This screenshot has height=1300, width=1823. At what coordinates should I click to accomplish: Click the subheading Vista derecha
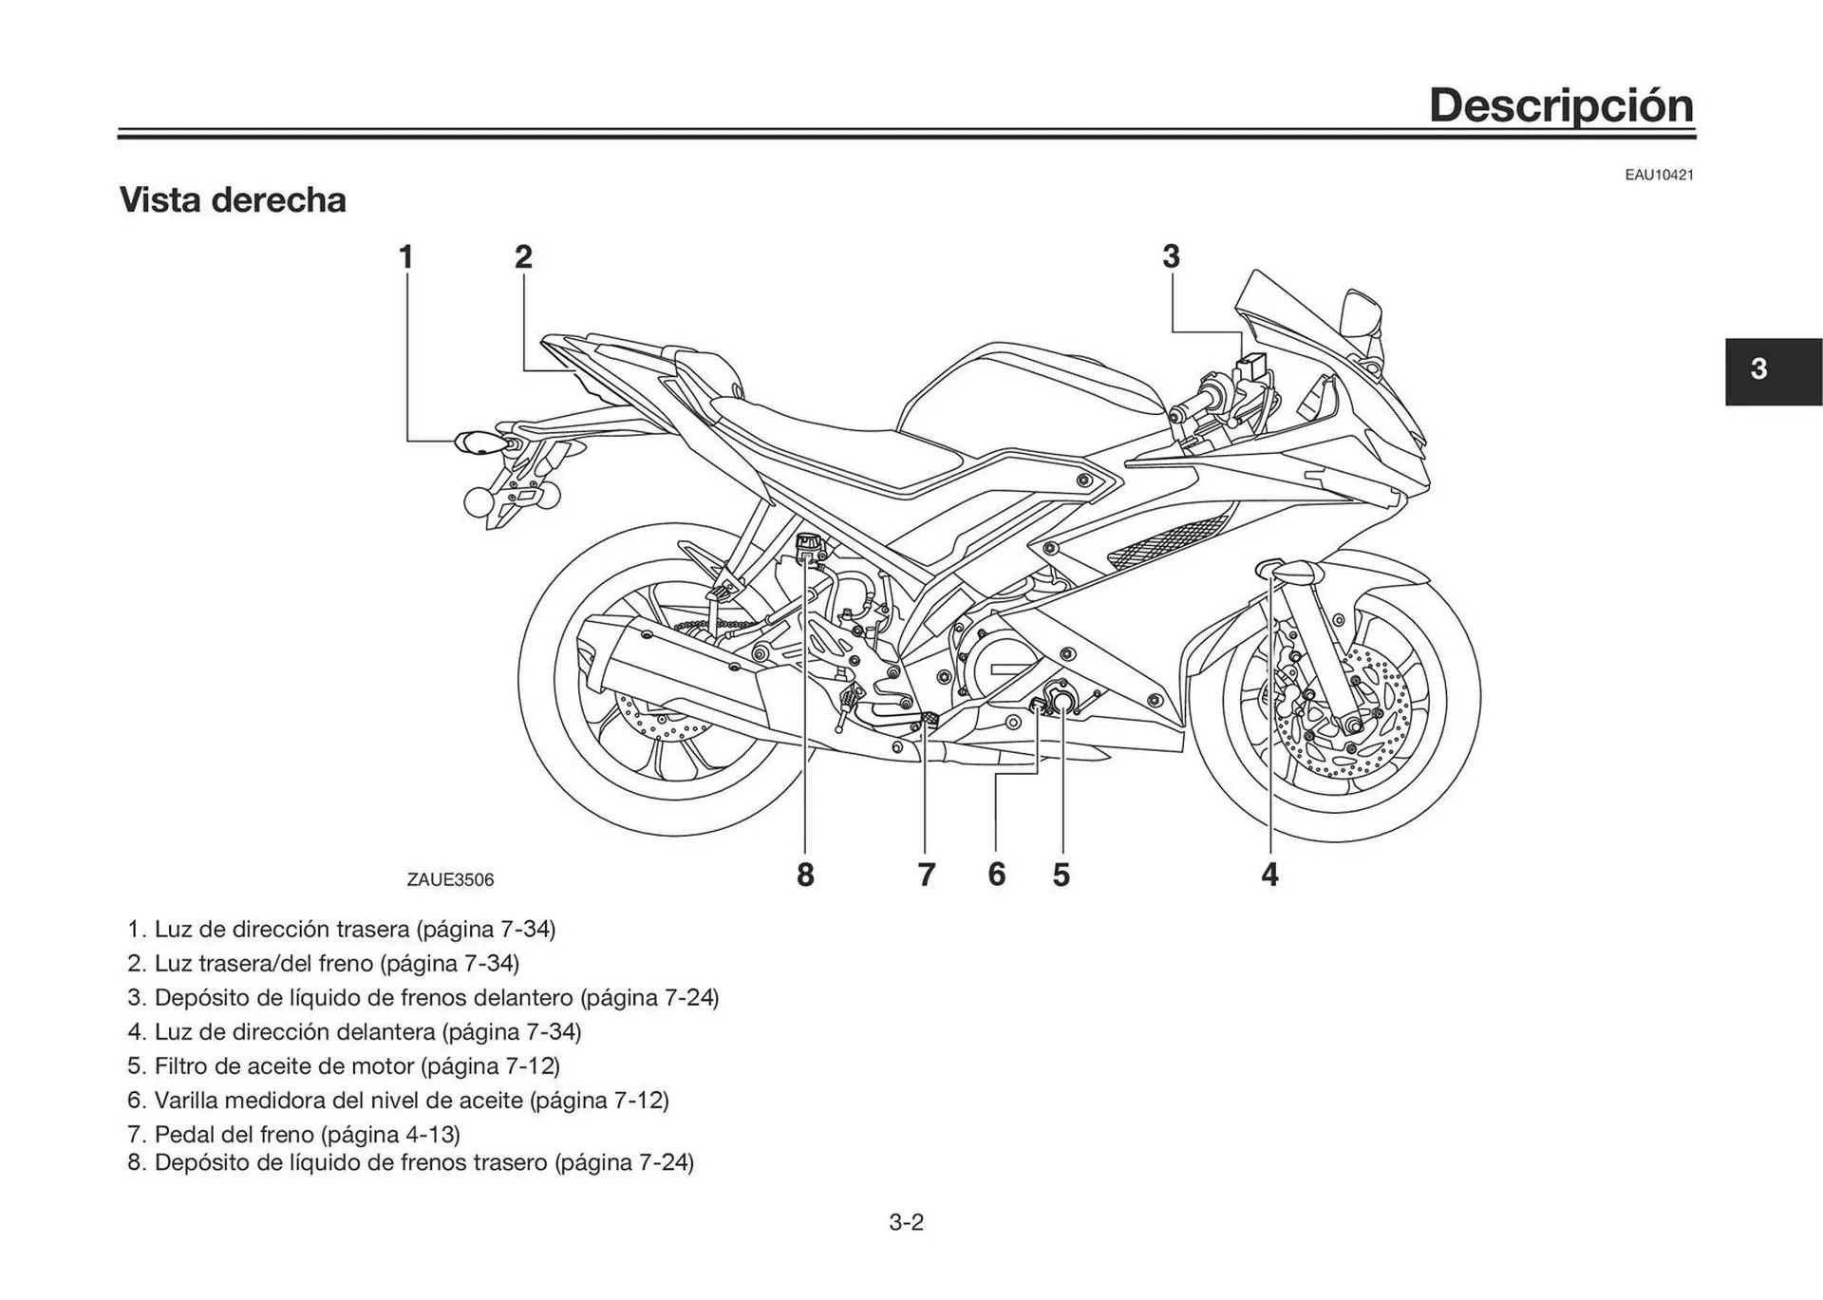[233, 200]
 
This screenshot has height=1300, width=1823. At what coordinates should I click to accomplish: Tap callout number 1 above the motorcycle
[406, 256]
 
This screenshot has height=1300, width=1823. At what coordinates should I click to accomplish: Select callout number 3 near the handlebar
[1171, 256]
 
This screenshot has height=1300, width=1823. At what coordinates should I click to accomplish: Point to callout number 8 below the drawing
[805, 875]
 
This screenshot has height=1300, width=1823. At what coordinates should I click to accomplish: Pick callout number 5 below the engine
[1062, 875]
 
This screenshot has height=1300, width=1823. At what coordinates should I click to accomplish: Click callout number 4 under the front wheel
[1269, 875]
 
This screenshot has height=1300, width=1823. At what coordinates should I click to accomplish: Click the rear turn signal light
[479, 443]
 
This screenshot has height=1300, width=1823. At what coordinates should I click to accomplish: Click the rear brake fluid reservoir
[810, 546]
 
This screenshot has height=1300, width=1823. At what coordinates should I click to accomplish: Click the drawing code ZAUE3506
[450, 880]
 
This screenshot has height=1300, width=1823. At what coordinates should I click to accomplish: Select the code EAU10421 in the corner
[1658, 176]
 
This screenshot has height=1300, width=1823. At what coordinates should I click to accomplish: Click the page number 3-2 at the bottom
[906, 1222]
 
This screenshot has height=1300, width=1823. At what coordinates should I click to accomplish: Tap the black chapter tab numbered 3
[1772, 370]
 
